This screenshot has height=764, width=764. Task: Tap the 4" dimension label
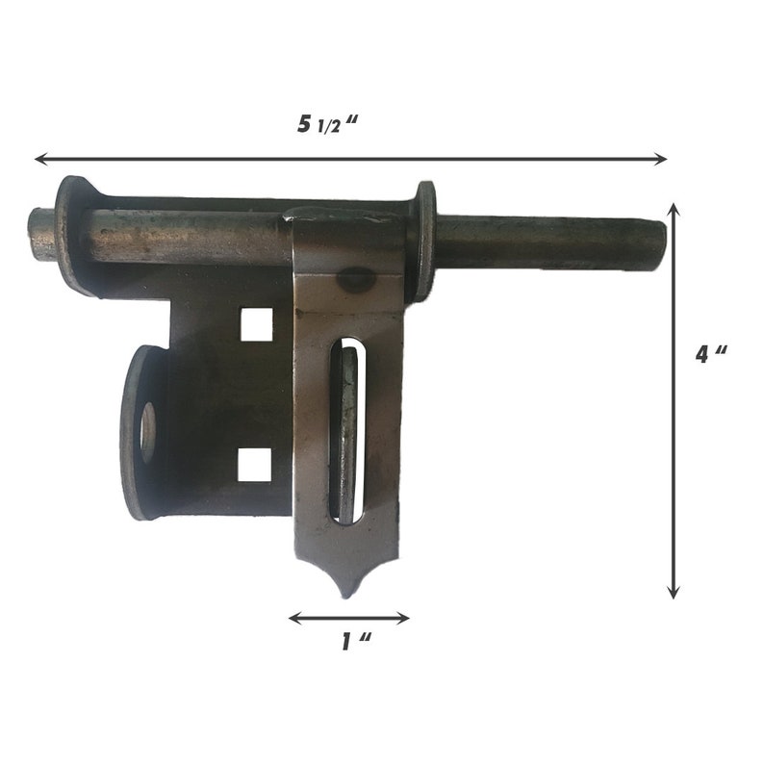pos(711,354)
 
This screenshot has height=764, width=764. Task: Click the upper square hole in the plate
pos(256,324)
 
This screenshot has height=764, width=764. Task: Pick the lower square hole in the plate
pos(254,465)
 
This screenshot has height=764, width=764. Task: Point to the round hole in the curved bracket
pos(148,431)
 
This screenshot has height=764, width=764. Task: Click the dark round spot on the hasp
pos(356,279)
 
